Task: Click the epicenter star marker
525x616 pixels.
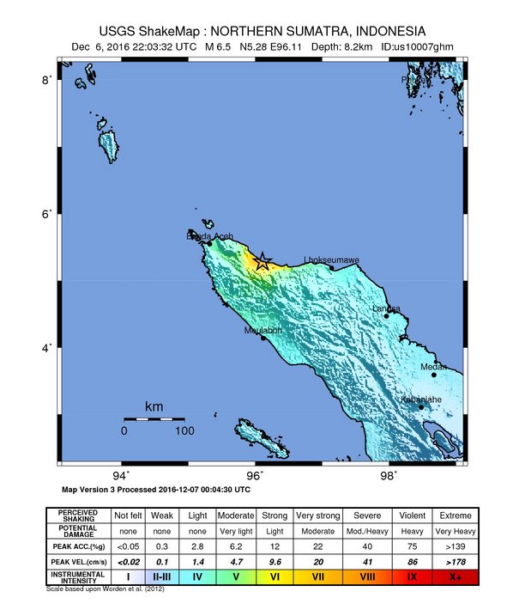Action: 263,262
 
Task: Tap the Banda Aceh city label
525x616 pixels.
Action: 209,235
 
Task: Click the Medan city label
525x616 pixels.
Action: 433,367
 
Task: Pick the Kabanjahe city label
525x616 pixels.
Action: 421,399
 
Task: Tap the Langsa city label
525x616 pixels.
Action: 387,308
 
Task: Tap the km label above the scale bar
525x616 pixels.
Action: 154,406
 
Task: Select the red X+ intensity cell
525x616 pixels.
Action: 455,577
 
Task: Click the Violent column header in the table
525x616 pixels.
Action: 411,515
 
